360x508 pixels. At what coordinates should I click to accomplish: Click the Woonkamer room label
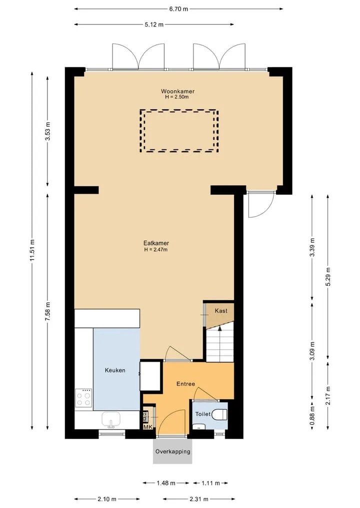(x=177, y=91)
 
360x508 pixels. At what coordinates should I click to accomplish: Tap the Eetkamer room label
(x=156, y=243)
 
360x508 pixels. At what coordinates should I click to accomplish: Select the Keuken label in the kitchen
(x=115, y=370)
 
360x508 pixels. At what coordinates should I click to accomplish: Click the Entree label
(x=186, y=384)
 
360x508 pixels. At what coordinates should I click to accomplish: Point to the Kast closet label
(x=221, y=311)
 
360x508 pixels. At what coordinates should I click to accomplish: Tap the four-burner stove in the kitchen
(x=83, y=398)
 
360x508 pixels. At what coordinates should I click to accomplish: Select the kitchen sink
(x=111, y=420)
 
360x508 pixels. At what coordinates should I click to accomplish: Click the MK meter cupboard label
(x=148, y=427)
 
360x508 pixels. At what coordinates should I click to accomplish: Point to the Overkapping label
(x=172, y=451)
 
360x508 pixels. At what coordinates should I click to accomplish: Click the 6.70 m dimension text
(x=178, y=9)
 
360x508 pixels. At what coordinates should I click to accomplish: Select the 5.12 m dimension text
(x=154, y=24)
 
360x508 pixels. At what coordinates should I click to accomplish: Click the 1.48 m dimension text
(x=166, y=483)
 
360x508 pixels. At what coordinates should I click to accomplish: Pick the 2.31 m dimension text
(x=199, y=499)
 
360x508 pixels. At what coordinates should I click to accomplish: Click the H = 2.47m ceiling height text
(x=156, y=250)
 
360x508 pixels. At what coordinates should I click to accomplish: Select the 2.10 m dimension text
(x=106, y=499)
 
